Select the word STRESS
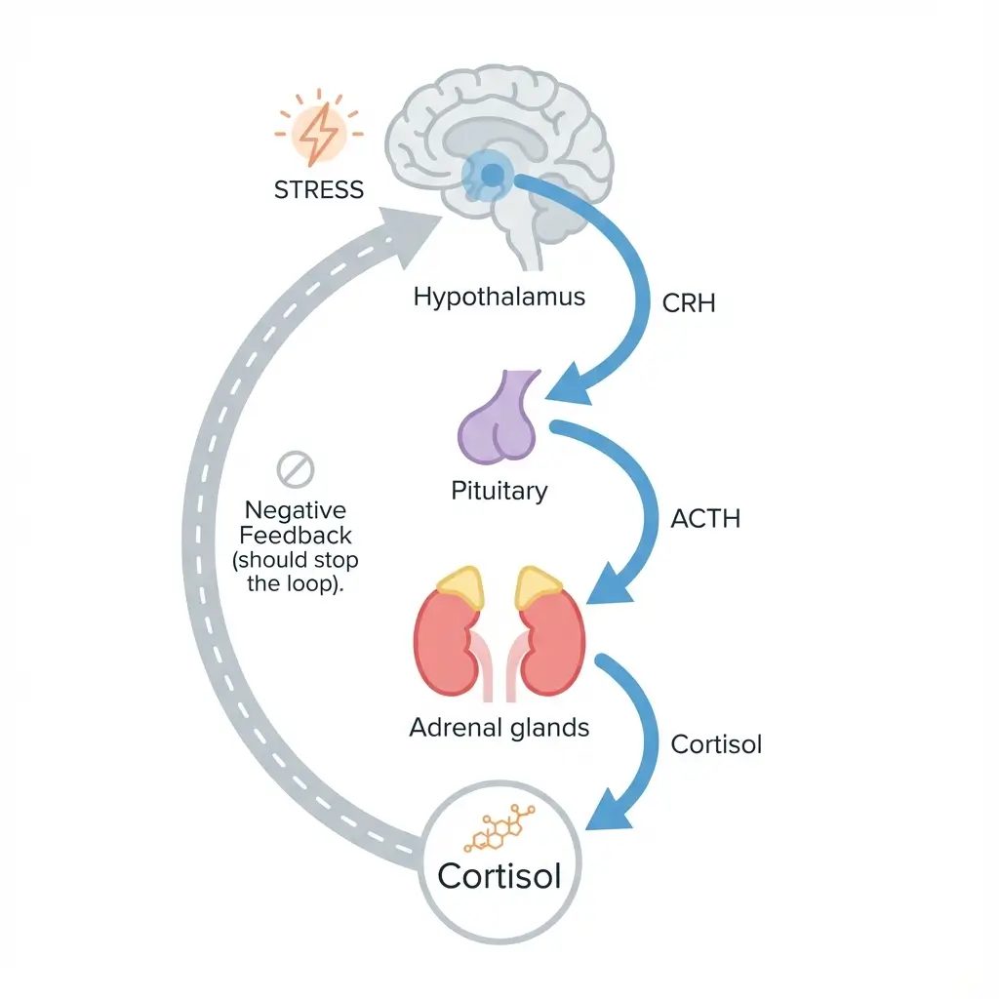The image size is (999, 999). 319,189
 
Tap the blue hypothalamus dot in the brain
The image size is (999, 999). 493,175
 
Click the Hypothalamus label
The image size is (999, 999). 499,297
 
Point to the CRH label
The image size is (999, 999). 689,302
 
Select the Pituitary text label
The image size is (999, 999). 499,490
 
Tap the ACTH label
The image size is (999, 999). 705,519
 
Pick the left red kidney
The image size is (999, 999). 446,644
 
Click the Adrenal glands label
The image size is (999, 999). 499,727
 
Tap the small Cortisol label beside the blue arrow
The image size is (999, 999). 716,744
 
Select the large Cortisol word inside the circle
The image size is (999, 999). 499,875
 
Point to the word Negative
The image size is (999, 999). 296,510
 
